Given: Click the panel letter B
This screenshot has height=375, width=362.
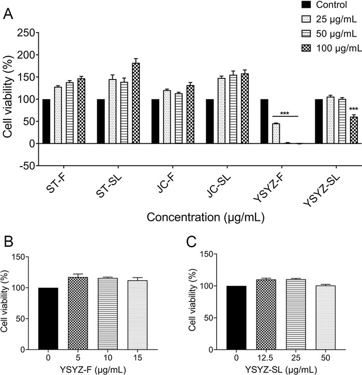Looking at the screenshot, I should pos(8,243).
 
